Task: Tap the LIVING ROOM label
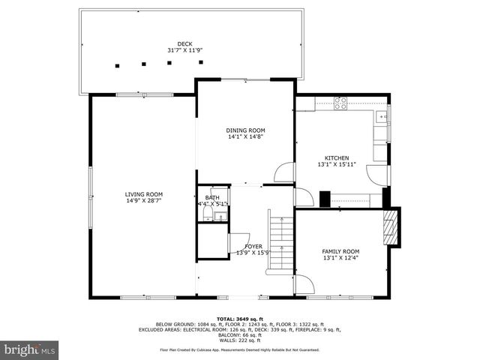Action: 143,194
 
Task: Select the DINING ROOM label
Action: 246,130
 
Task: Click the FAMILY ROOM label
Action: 340,251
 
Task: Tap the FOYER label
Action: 253,246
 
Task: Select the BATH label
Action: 212,197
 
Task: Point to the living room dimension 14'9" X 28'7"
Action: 143,201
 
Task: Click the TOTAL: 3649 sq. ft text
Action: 239,318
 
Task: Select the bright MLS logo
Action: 29,349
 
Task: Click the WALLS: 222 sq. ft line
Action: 239,339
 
